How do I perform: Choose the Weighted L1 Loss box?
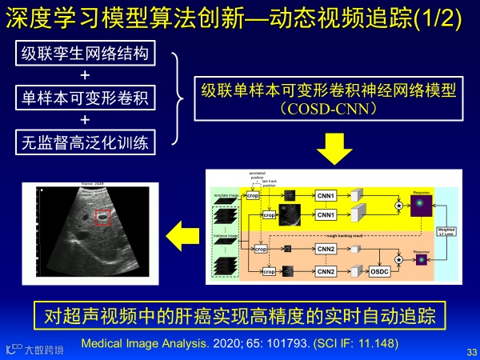pos(446,232)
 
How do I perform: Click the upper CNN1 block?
pos(326,194)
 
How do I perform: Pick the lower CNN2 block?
pos(326,271)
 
